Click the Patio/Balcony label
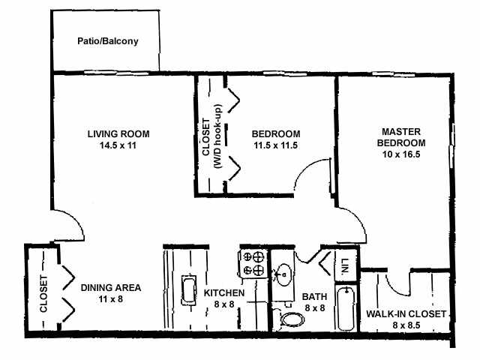(x=108, y=41)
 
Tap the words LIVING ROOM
(x=118, y=134)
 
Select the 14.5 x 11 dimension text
(x=118, y=145)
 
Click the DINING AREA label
(x=111, y=287)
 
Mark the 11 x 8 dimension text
(x=111, y=298)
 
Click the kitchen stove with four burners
(x=253, y=262)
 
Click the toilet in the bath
(x=289, y=319)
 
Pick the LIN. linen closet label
(x=345, y=265)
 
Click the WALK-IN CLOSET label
(x=406, y=313)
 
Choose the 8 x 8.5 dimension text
(x=406, y=325)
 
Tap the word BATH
(x=313, y=295)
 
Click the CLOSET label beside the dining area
(x=43, y=294)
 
